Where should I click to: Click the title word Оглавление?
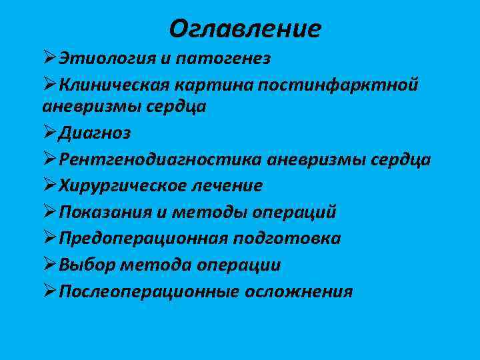coord(245,29)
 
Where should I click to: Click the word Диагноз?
coord(94,133)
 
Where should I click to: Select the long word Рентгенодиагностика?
coord(159,159)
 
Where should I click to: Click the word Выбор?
coord(87,265)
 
